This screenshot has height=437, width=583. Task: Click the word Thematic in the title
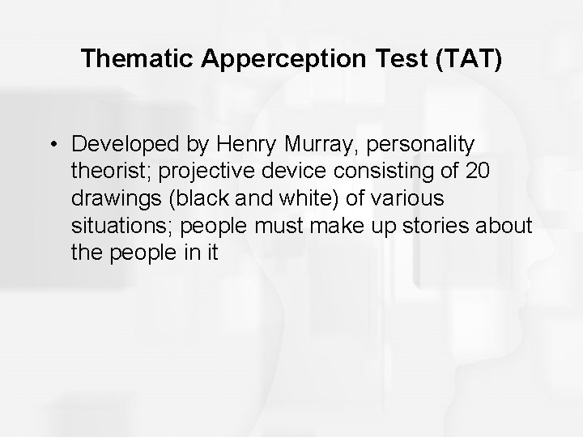pos(134,58)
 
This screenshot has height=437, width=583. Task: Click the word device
pos(300,171)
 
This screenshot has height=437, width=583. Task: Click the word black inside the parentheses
pos(197,198)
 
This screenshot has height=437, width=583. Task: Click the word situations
pos(113,225)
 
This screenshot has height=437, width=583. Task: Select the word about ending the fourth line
pos(509,225)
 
